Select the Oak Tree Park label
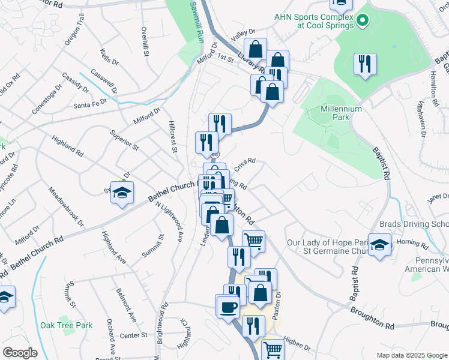[67, 325]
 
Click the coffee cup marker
[228, 307]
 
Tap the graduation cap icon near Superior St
[122, 193]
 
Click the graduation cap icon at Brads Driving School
[379, 245]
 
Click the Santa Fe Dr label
[90, 103]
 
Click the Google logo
[20, 353]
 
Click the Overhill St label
[145, 41]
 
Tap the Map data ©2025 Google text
[411, 355]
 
